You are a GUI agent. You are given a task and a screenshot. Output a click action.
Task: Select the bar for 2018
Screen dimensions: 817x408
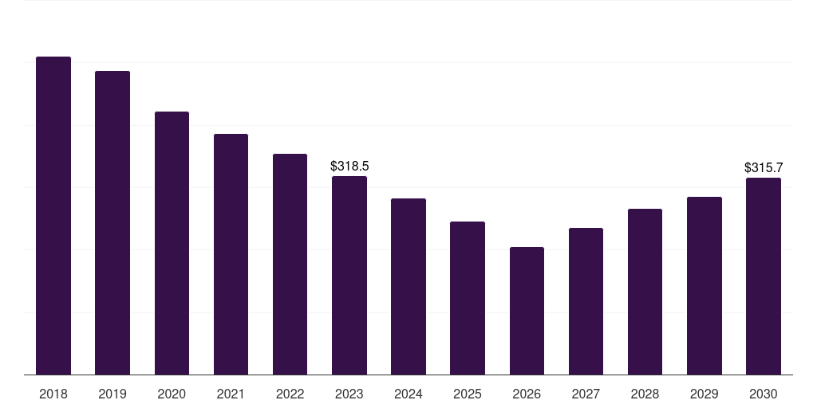(53, 215)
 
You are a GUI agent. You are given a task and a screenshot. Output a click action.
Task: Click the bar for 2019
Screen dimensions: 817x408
(112, 223)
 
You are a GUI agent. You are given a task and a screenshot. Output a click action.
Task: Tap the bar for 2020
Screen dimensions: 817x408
(172, 243)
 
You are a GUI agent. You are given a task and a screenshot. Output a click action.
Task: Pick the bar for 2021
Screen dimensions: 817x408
(231, 254)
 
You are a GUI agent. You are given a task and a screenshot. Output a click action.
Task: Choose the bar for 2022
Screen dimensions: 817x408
(290, 265)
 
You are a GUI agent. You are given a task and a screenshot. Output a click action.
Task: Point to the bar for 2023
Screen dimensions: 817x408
(349, 275)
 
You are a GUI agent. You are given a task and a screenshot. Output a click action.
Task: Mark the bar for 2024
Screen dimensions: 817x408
(408, 287)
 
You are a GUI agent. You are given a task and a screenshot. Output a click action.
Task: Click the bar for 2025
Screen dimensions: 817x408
(468, 298)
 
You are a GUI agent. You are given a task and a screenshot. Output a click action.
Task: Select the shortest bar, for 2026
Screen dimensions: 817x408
(527, 311)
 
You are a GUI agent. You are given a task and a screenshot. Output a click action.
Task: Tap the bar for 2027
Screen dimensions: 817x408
(586, 301)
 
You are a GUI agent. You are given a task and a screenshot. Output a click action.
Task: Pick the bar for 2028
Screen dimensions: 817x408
(645, 292)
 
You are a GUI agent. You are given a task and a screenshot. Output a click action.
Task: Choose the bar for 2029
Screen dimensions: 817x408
(705, 286)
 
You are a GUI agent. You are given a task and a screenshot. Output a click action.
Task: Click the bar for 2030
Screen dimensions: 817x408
(764, 277)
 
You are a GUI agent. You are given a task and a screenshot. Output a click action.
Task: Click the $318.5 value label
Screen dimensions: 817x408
(349, 166)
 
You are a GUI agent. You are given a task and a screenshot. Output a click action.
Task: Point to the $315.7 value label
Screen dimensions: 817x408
(764, 167)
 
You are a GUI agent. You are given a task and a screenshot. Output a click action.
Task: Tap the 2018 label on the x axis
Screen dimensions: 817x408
(53, 394)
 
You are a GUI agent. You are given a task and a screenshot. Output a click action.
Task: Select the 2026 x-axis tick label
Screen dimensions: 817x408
(527, 394)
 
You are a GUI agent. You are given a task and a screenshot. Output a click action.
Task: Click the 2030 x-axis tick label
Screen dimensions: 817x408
(764, 394)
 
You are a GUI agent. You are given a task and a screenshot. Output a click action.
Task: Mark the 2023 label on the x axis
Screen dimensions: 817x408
(349, 394)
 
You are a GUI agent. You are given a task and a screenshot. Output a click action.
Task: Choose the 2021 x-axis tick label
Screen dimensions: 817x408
(231, 394)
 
